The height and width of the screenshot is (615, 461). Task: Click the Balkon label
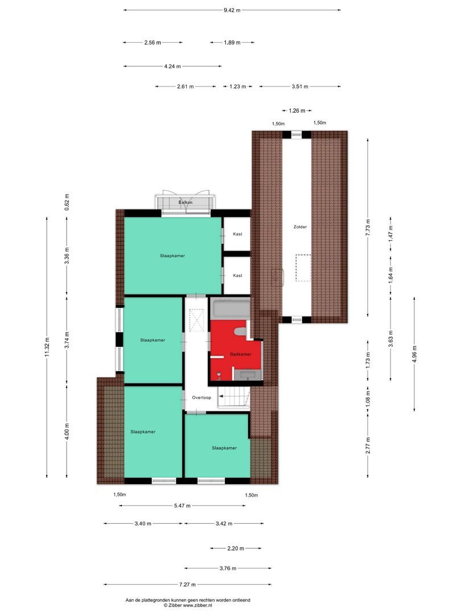tap(185, 203)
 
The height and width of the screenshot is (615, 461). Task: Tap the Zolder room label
tap(300, 227)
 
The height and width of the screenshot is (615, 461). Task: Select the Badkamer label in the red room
tap(240, 354)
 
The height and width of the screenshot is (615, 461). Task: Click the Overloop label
tap(201, 397)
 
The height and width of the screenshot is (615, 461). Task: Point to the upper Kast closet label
tap(237, 233)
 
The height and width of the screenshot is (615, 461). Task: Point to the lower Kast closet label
tap(237, 276)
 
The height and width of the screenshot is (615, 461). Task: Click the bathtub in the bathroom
tap(229, 310)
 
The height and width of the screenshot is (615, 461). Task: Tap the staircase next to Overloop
tap(234, 397)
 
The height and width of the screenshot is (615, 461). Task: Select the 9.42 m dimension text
tap(232, 10)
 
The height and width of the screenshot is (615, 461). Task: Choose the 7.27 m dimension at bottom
tap(187, 584)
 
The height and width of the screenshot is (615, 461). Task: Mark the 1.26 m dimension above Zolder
tap(297, 110)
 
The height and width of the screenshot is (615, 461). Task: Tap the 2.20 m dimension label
tap(235, 548)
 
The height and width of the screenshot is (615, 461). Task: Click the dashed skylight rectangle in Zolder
tap(302, 267)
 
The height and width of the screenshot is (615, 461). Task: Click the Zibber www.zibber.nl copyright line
tap(187, 606)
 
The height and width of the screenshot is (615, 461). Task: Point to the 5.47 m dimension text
tap(182, 506)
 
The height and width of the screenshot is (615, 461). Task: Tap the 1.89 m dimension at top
tap(232, 42)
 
